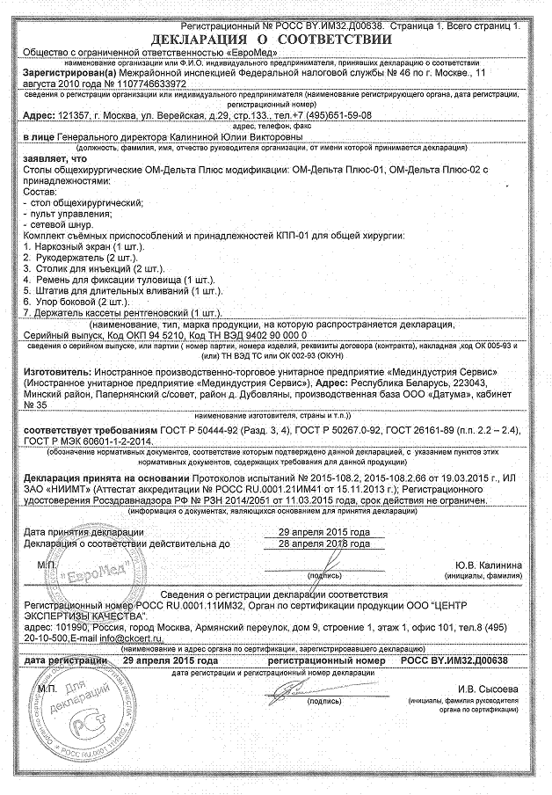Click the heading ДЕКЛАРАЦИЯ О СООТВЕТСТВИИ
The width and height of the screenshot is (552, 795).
[x=271, y=40]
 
